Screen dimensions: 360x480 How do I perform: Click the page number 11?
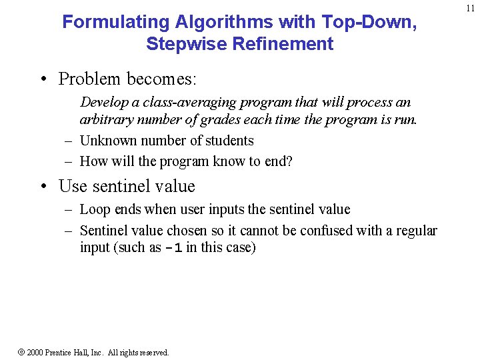point(471,8)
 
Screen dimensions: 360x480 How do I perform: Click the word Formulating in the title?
point(116,22)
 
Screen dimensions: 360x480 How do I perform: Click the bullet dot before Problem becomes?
point(43,79)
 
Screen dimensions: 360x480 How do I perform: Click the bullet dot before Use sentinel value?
point(43,186)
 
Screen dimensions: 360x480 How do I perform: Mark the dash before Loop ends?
point(68,210)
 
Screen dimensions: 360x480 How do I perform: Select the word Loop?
point(95,210)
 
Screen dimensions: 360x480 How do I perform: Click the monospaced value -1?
point(173,249)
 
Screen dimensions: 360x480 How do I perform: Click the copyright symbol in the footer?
point(20,352)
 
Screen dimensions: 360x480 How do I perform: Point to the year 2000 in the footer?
point(35,352)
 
